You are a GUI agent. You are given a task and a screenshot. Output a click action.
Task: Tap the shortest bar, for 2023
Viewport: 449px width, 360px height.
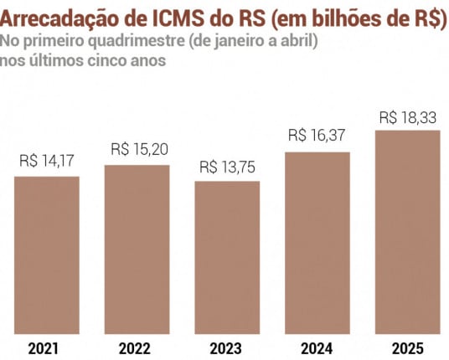[227, 256]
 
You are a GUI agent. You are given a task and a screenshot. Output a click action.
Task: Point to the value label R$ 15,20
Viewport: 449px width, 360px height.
[137, 150]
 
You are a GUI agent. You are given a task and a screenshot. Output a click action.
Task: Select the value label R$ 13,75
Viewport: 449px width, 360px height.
[227, 167]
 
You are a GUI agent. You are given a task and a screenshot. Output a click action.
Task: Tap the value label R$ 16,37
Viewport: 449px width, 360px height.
[317, 136]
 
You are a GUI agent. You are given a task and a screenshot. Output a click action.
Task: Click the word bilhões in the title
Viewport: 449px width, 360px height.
[344, 19]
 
